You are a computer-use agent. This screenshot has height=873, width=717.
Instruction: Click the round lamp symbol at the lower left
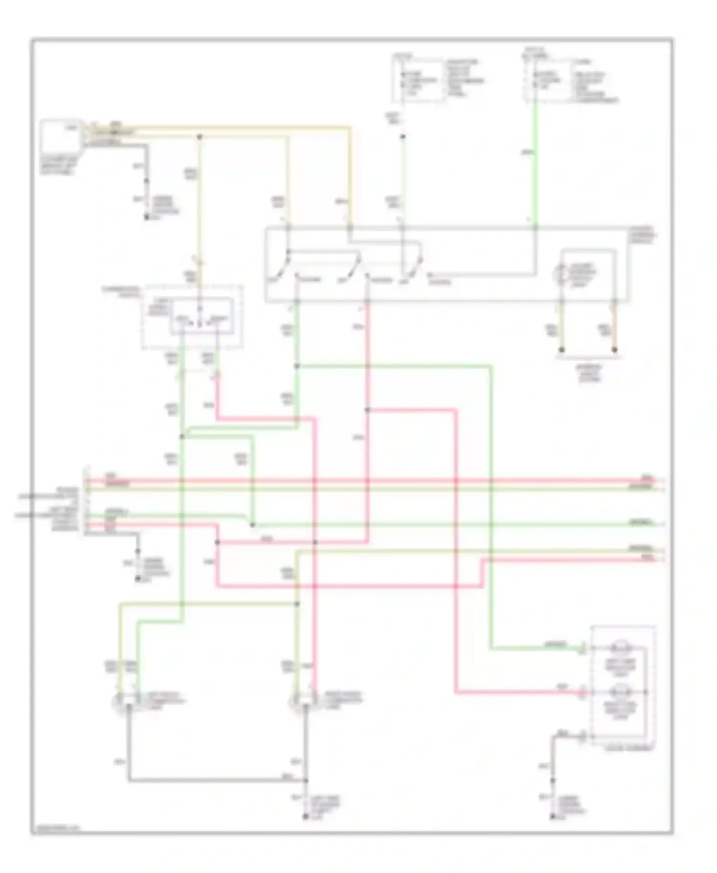tap(119, 702)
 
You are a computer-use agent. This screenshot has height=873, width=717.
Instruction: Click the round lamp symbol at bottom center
tap(296, 702)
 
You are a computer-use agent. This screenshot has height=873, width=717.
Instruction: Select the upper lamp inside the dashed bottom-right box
tap(620, 648)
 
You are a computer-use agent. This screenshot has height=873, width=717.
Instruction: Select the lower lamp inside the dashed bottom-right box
tap(620, 691)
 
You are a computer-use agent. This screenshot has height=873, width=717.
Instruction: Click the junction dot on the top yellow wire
tap(200, 137)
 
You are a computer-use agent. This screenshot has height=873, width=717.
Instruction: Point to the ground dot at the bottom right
tap(553, 818)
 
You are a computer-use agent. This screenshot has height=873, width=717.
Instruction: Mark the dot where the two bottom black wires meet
tap(306, 781)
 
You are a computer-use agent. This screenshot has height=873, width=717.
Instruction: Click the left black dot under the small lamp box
tap(562, 350)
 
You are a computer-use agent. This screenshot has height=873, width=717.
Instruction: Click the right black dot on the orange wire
tap(615, 350)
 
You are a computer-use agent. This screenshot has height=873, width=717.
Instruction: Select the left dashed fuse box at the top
tap(417, 80)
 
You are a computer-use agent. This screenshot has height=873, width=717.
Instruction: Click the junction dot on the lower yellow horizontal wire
tap(297, 604)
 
